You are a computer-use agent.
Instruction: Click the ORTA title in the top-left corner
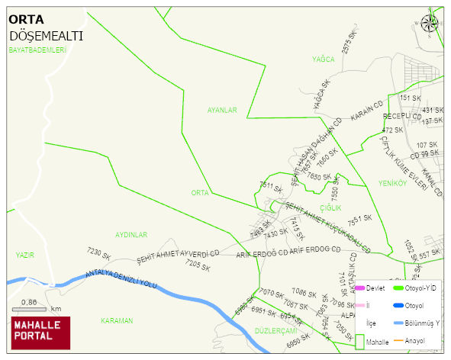coord(26,20)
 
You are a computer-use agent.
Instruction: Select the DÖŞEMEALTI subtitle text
coord(46,36)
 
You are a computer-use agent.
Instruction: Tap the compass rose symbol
coord(430,22)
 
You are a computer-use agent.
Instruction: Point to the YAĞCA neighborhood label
coord(324,59)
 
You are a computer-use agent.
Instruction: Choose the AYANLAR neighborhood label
coord(222,110)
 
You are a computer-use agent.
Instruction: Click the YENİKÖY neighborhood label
coord(392,183)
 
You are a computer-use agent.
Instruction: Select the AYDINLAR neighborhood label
coord(130,235)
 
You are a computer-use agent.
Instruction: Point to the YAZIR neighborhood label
coord(25,255)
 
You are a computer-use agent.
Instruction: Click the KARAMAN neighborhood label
coord(117,321)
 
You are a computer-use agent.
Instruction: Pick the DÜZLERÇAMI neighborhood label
coord(275,330)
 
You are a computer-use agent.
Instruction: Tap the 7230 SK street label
coord(99,252)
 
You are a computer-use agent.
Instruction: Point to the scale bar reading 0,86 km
coord(36,307)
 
